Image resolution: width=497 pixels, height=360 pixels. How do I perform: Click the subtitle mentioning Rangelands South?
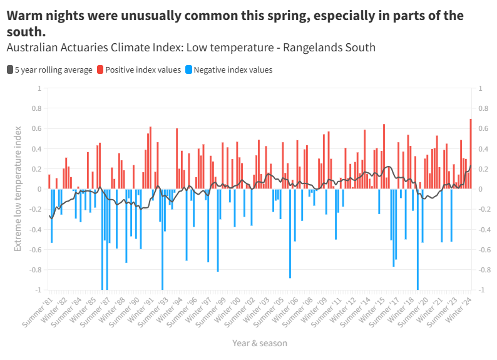(191, 48)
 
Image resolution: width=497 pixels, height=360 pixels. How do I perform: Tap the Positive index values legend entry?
(143, 69)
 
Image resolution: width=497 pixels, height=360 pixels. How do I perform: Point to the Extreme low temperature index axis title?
(18, 188)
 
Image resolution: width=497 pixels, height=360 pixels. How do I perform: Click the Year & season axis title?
(260, 343)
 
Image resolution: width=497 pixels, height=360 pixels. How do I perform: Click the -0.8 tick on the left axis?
(34, 270)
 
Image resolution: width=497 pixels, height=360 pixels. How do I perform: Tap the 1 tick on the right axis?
(480, 88)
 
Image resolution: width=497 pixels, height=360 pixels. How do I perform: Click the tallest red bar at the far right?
(471, 153)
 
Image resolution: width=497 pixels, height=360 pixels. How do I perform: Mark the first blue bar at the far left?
(51, 215)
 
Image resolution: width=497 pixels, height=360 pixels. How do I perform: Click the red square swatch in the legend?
(100, 69)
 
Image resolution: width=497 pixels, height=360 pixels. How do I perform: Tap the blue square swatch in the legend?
(189, 69)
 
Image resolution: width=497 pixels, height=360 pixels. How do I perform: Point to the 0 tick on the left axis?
(39, 189)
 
